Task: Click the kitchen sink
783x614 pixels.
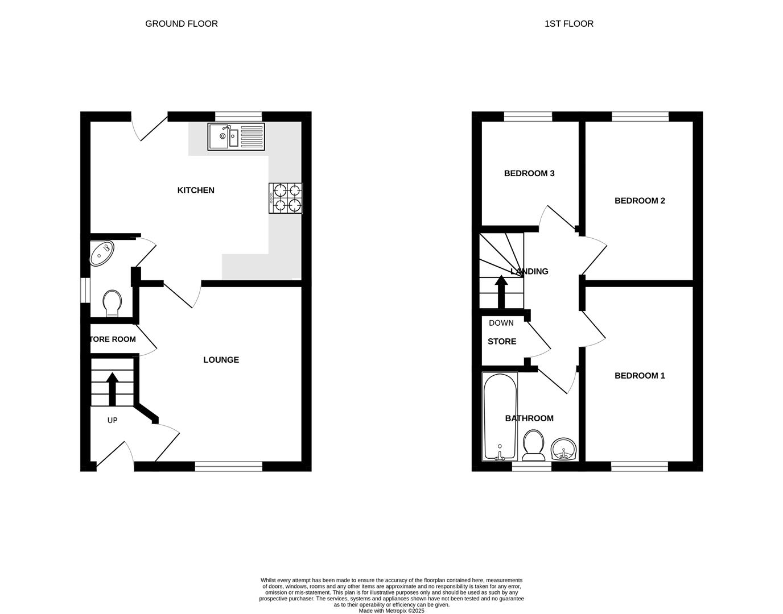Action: pos(236,136)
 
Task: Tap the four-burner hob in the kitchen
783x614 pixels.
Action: pos(286,198)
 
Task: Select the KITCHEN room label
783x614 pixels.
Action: pos(196,190)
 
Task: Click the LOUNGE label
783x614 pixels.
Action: pos(221,360)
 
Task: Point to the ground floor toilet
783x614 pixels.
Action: pos(112,303)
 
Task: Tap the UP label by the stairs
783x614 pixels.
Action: pos(112,420)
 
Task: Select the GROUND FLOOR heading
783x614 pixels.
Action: pos(181,24)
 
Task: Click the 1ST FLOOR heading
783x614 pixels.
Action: pos(568,24)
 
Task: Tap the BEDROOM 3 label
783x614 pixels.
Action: pos(529,173)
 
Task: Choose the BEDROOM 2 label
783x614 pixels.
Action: pos(640,201)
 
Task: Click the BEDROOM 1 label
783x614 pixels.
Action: pos(640,376)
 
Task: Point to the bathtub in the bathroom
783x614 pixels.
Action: pos(500,417)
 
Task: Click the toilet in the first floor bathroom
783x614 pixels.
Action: pos(533,445)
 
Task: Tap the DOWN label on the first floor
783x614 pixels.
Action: pos(501,323)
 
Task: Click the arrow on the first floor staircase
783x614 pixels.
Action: pos(501,291)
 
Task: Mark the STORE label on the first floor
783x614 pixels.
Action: pos(501,342)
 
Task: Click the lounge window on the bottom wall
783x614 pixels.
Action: pos(228,467)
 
